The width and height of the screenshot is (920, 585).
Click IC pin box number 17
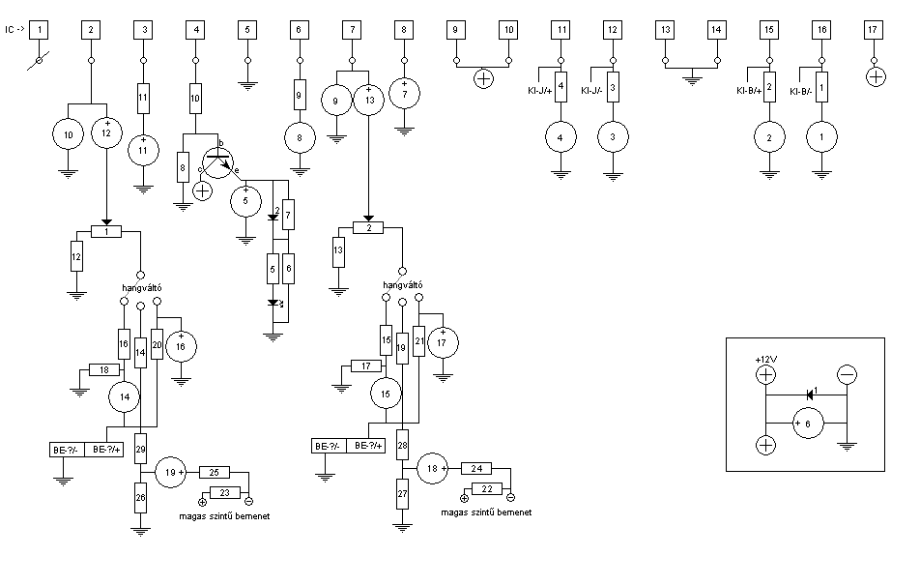click(x=873, y=30)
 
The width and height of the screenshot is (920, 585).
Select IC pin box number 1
click(x=40, y=30)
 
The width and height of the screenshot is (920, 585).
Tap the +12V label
click(x=766, y=360)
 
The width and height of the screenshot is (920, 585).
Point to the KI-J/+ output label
click(x=540, y=91)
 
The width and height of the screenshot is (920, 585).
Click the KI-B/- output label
click(x=801, y=91)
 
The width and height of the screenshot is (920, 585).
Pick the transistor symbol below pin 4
click(x=217, y=163)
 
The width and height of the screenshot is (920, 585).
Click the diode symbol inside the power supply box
click(x=810, y=395)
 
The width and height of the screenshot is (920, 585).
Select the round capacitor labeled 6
click(x=809, y=424)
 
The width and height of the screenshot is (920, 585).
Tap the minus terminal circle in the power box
click(x=847, y=374)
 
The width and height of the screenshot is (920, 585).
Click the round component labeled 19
click(x=171, y=472)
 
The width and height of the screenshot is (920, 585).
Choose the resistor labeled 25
click(x=215, y=472)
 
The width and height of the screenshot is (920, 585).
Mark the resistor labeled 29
click(x=140, y=450)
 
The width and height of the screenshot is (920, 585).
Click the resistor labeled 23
click(x=225, y=493)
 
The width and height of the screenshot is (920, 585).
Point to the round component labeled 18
click(x=433, y=468)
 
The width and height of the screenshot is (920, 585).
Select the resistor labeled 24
click(x=476, y=468)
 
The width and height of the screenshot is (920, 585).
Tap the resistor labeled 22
click(x=487, y=488)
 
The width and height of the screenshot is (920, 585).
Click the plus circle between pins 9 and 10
click(x=483, y=78)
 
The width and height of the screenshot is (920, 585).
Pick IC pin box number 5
click(x=247, y=30)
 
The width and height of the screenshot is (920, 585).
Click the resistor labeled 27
click(x=402, y=494)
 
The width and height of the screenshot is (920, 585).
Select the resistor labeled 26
click(x=140, y=497)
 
